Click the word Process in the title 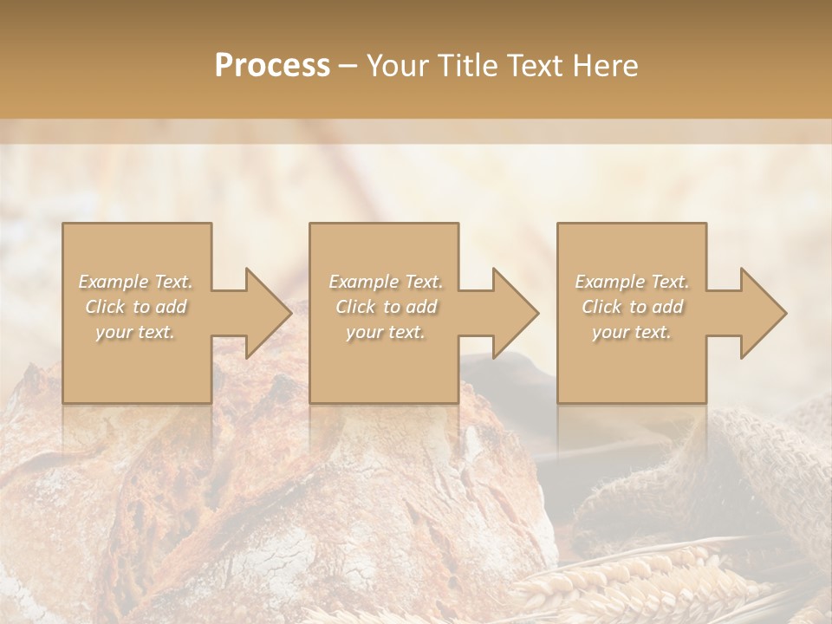coord(272,66)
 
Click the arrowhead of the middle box coord(512,313)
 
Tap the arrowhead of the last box coord(759,313)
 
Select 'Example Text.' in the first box coord(135,282)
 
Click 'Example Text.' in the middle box coord(386,282)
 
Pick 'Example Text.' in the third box coord(632,282)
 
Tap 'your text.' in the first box coord(135,332)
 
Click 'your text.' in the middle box coord(386,332)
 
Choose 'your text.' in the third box coord(632,332)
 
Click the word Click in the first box coord(105,307)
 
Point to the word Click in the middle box coord(355,307)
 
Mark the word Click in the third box coord(601,307)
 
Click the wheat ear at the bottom coord(624,581)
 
